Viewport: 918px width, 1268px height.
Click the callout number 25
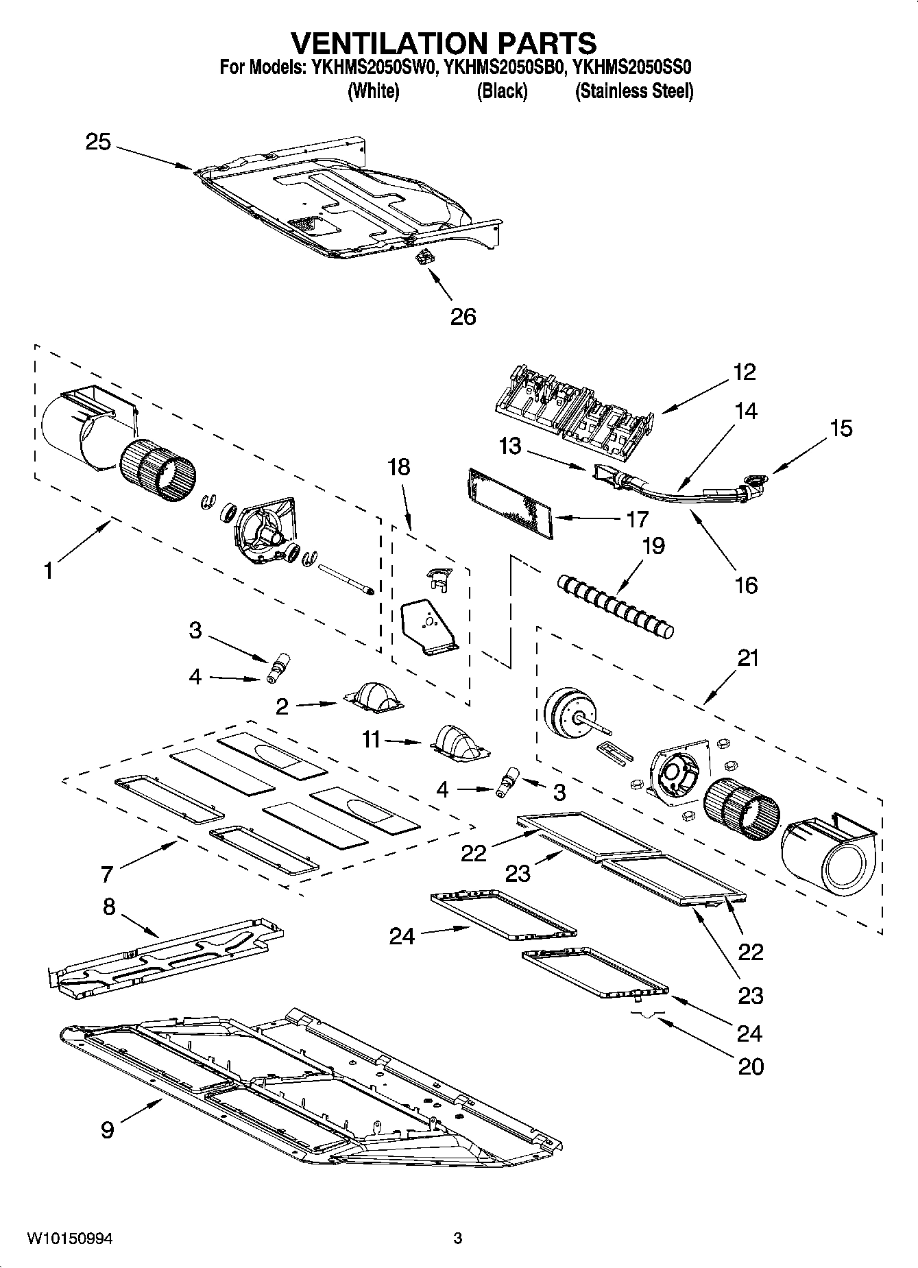97,143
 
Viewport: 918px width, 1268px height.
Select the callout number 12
744,372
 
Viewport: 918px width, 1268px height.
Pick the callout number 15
841,429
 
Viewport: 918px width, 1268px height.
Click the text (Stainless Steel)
633,91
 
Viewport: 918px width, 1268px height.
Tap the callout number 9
107,1129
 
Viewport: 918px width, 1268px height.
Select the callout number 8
109,907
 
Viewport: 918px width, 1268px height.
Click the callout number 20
751,1066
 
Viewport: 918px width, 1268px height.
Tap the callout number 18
398,467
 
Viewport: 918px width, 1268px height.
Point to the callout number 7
106,874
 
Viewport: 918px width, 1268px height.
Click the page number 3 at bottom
458,1239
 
